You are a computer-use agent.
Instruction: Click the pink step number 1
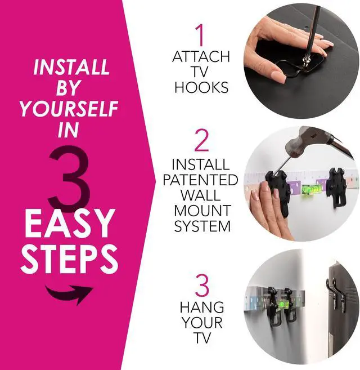(200, 35)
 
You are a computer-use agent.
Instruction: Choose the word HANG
(202, 307)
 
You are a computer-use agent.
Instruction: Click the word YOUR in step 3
(202, 323)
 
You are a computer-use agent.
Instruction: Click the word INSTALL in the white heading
(71, 68)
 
